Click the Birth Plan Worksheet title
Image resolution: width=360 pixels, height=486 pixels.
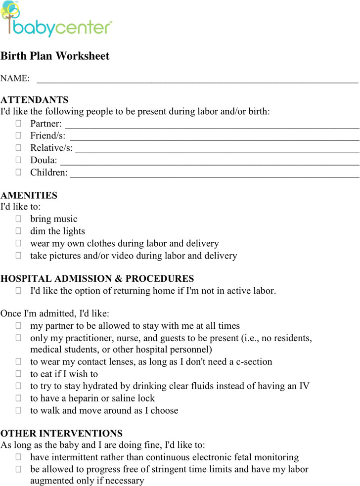(x=55, y=56)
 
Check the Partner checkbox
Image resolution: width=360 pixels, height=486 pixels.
(x=18, y=123)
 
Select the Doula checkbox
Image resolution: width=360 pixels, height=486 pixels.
(x=18, y=160)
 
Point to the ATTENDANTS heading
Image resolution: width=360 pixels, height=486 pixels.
(x=35, y=100)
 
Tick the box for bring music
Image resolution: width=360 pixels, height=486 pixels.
(x=18, y=219)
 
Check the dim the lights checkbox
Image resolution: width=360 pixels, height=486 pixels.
(x=18, y=231)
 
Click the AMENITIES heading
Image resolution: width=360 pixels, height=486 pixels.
(x=29, y=196)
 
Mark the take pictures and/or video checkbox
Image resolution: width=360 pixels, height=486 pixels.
(x=18, y=256)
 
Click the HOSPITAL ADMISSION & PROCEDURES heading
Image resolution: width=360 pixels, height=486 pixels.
(x=97, y=279)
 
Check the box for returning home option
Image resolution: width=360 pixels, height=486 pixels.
(x=18, y=291)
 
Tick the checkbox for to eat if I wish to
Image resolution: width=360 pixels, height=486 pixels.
(x=18, y=374)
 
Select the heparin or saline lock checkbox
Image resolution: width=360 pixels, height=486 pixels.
(x=18, y=398)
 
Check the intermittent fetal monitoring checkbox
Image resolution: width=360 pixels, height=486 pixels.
(x=18, y=457)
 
